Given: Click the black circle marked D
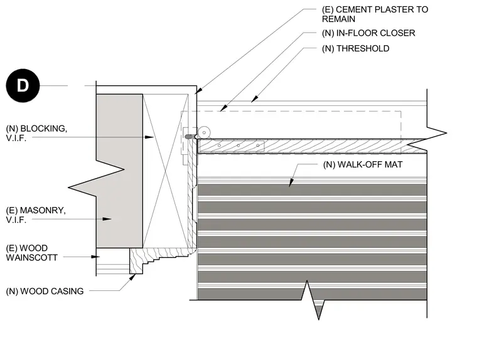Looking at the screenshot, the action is point(23,86).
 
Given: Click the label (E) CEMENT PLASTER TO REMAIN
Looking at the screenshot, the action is point(375,14).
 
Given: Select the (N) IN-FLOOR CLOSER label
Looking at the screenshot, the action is point(368,33).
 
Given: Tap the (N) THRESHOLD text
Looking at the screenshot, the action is point(355,49).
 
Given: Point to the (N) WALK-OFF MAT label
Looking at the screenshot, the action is point(363,165).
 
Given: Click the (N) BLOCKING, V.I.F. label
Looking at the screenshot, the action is point(36,133).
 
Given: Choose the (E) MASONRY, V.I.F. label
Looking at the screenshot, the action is point(36,215).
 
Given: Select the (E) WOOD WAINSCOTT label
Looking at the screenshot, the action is point(31,253).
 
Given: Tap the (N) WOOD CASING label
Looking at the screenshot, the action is point(45,291).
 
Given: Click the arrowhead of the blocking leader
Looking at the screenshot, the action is point(149,137).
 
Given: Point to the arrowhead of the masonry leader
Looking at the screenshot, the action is point(107,219).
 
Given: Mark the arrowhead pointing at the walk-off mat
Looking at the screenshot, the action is point(291,182).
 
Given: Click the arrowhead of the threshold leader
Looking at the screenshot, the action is point(255,99).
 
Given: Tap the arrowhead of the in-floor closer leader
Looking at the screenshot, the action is point(223,108).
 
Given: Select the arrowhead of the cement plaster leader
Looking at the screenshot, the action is point(199,90).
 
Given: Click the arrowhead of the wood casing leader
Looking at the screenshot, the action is point(132,277).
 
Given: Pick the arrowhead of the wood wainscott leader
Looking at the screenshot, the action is point(95,257).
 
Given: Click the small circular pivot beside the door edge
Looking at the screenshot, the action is point(204,132).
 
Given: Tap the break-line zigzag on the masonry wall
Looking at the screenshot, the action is point(96,179).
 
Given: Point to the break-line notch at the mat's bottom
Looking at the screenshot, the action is point(313,300).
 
